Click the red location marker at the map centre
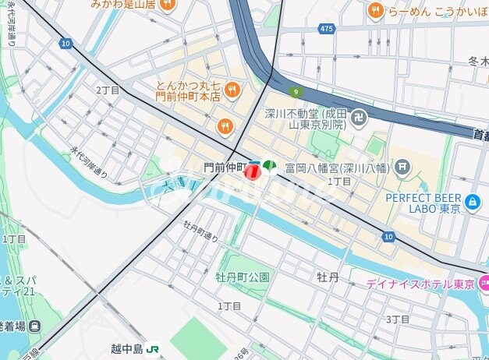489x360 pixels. [252, 172]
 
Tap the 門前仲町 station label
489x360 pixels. [225, 167]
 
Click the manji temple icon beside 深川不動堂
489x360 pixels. [359, 119]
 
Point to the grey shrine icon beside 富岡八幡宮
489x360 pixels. [402, 165]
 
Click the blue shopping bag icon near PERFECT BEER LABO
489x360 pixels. [472, 203]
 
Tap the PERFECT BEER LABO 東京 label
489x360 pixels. [425, 203]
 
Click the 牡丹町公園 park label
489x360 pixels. [243, 277]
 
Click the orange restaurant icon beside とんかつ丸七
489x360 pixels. [231, 91]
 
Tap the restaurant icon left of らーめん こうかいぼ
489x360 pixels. [375, 10]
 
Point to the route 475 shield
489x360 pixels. [328, 28]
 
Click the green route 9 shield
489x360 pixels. [296, 92]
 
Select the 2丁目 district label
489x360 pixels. [108, 90]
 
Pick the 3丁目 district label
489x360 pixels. [398, 319]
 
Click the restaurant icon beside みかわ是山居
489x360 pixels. [167, 5]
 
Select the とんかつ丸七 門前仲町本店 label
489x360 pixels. [187, 91]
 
